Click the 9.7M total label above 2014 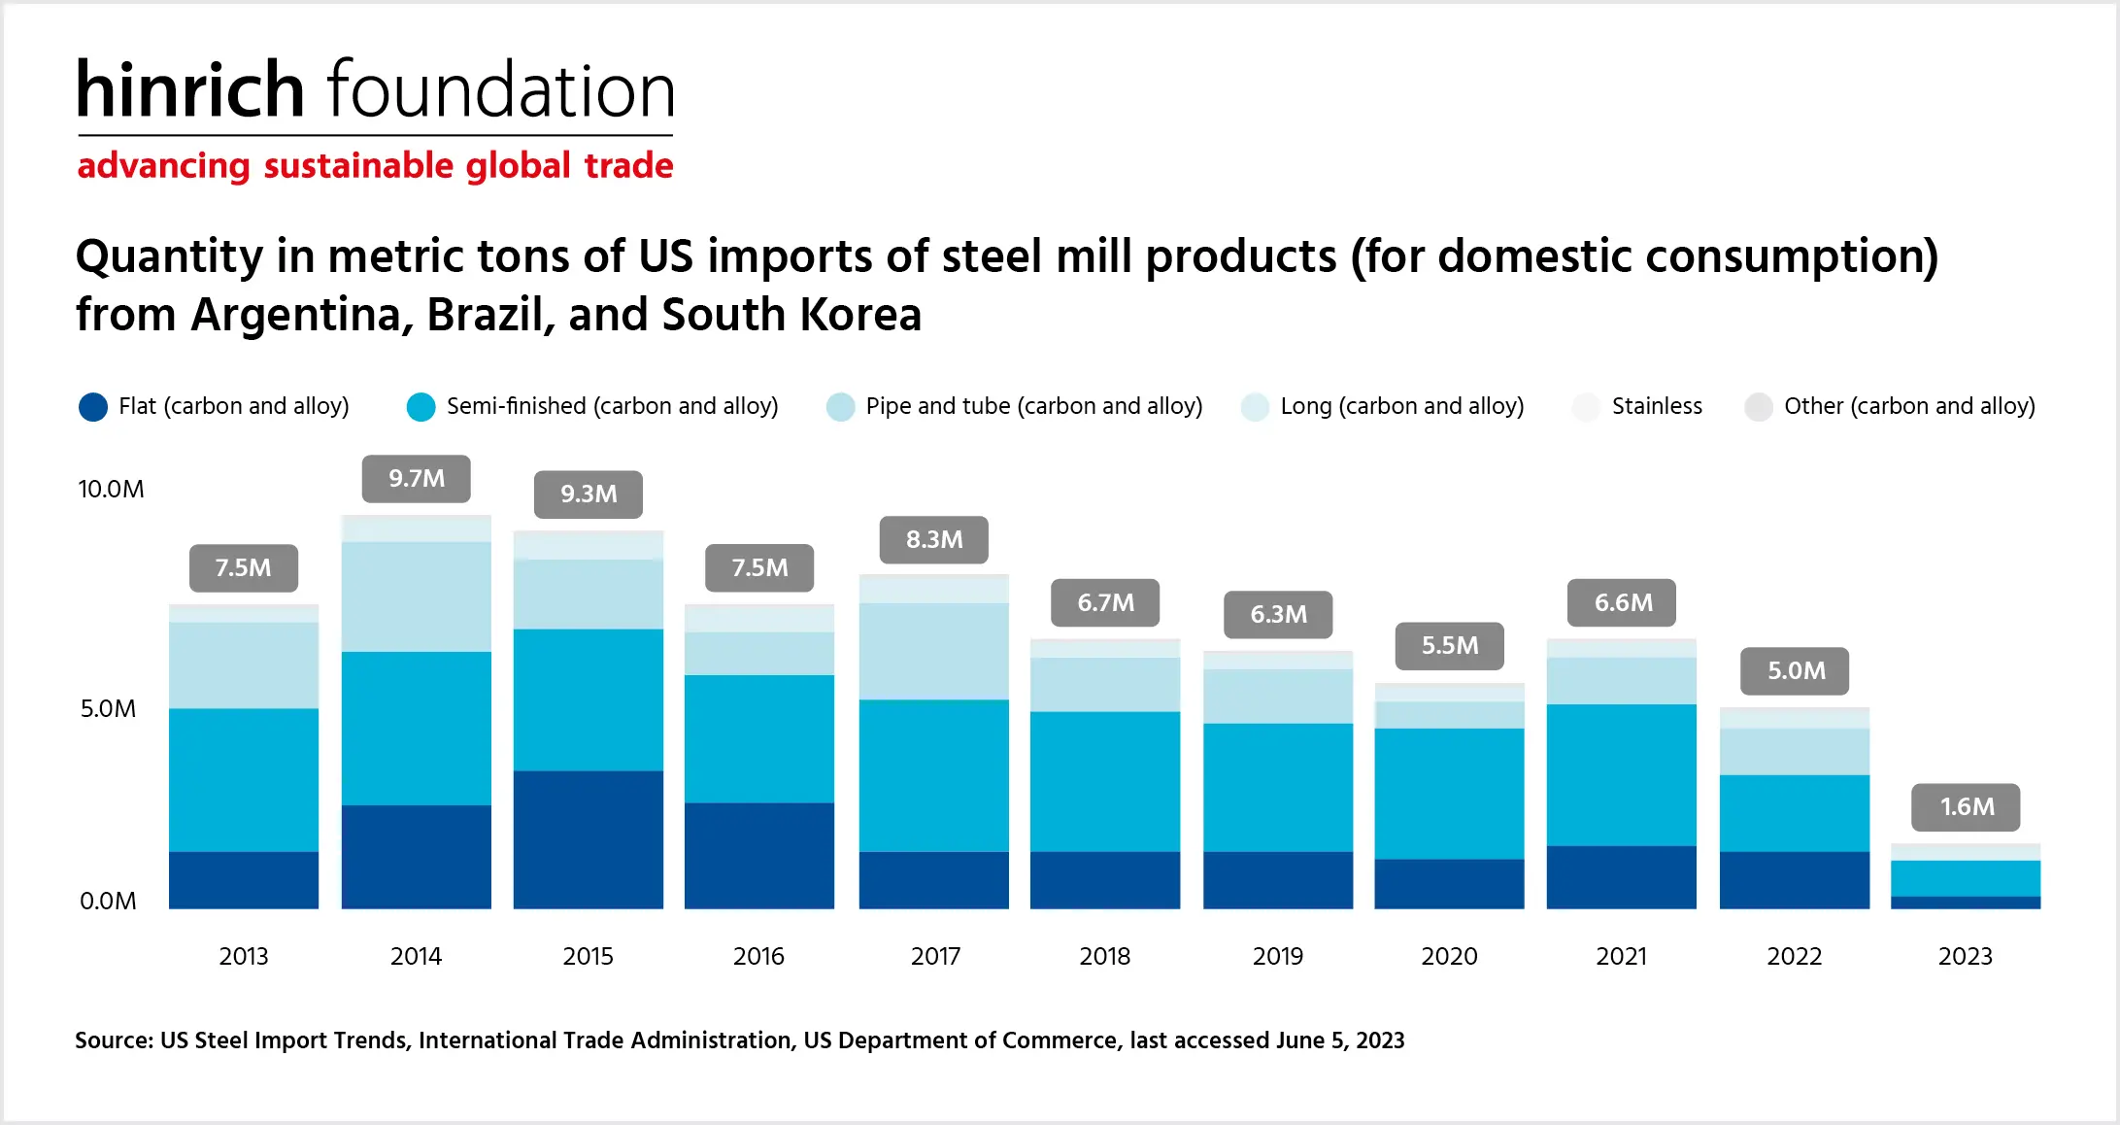coord(417,478)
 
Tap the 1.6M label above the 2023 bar coord(1967,806)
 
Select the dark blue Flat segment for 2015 coord(588,839)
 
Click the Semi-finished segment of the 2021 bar coord(1621,774)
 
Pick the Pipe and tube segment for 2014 coord(416,597)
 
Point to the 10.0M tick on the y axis coord(111,489)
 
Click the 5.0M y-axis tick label coord(108,708)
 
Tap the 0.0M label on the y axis coord(108,901)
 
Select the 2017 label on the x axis coord(935,956)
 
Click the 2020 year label coord(1449,956)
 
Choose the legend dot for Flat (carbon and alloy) coord(93,406)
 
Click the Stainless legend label coord(1657,406)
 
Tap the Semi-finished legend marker coord(421,406)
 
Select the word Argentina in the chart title coord(302,315)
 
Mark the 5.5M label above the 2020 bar coord(1450,645)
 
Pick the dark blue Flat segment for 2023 coord(1966,903)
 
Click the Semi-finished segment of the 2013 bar coord(243,779)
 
